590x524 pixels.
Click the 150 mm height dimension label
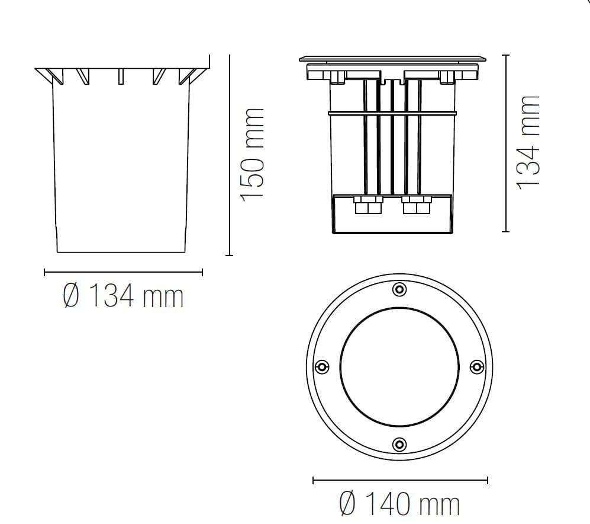252,155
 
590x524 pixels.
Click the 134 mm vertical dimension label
528,142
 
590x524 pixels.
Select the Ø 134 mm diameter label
123,296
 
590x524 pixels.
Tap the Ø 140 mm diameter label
400,504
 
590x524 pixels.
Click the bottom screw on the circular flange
400,444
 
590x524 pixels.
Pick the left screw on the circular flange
322,367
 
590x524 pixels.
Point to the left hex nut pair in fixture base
367,207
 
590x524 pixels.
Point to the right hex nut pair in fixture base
416,207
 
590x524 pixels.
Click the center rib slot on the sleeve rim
121,76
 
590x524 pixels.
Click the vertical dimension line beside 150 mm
229,155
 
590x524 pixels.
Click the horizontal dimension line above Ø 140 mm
400,480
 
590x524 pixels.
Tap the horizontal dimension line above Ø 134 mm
123,273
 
